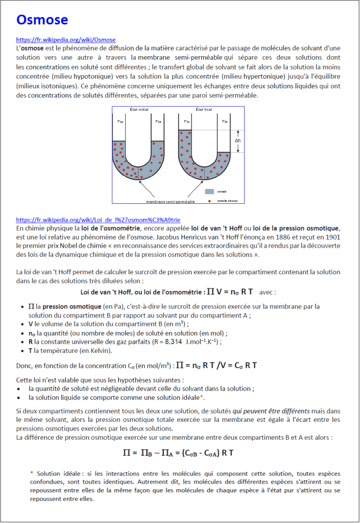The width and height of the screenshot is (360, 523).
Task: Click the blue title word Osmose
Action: [x=42, y=20]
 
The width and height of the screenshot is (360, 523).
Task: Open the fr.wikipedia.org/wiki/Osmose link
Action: [x=66, y=40]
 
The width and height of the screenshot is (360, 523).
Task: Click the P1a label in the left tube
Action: [x=121, y=122]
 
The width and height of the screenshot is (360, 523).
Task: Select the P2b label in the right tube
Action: [x=225, y=122]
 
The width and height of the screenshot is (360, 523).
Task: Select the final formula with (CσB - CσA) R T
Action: [x=178, y=453]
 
